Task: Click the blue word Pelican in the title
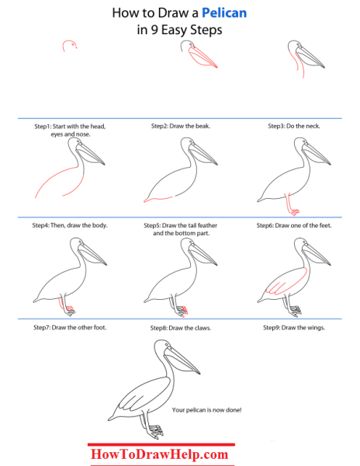pos(224,13)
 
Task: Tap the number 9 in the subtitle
pos(154,30)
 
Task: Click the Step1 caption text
pos(70,130)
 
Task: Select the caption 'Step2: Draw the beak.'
pos(181,126)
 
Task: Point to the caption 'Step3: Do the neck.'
pos(294,126)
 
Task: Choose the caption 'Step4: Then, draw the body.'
pos(70,225)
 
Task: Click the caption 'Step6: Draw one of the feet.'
pos(294,225)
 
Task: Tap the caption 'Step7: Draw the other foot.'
pos(70,328)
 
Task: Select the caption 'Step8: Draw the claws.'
pos(181,328)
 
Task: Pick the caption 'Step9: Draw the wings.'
pos(294,328)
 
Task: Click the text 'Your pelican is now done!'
pos(206,410)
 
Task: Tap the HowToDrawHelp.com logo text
pos(159,454)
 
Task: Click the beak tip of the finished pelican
pos(199,374)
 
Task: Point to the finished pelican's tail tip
pos(109,420)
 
